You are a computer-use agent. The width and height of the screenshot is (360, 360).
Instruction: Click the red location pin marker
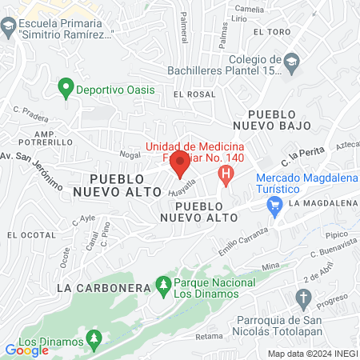point(180,166)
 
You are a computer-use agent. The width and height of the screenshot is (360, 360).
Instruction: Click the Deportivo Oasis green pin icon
point(66,90)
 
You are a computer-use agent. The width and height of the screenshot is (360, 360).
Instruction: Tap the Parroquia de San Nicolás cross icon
point(302,300)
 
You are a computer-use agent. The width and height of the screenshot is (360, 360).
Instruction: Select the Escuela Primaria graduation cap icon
point(8,27)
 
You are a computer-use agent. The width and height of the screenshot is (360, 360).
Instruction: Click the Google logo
point(26,350)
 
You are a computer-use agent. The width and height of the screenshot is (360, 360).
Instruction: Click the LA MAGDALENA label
point(323,203)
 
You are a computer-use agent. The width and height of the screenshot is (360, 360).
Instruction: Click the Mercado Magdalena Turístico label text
point(306,182)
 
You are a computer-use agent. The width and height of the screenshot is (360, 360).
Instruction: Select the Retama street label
point(210,335)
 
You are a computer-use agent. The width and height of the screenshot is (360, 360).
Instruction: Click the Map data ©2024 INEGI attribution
point(312,353)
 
